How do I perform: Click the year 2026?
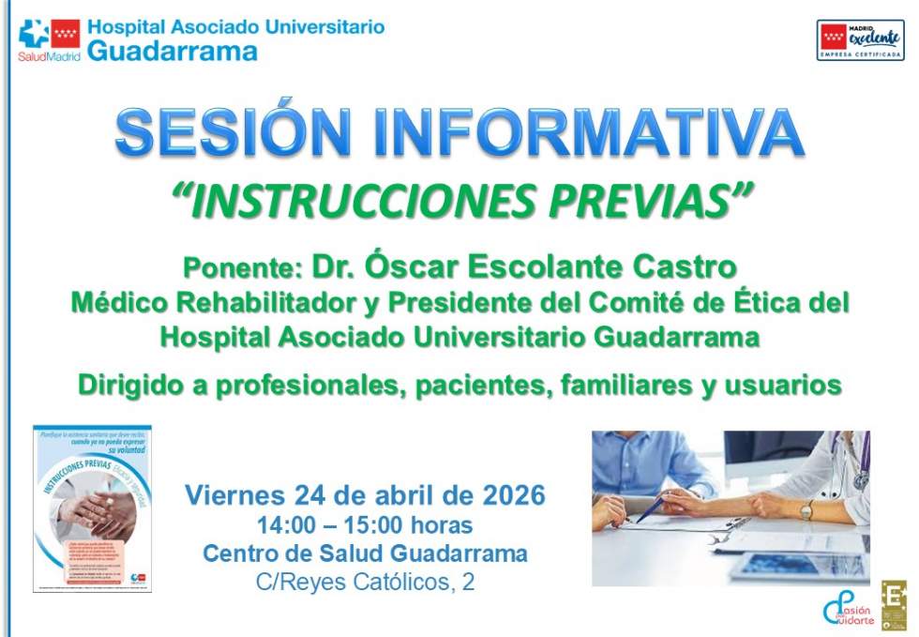[515, 494]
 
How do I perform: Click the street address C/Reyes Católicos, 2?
[365, 583]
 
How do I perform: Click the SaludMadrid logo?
[49, 40]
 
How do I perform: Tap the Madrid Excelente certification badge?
[860, 40]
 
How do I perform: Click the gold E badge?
[894, 605]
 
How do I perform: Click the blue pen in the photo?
[649, 508]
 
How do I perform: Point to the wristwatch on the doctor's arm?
[806, 510]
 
